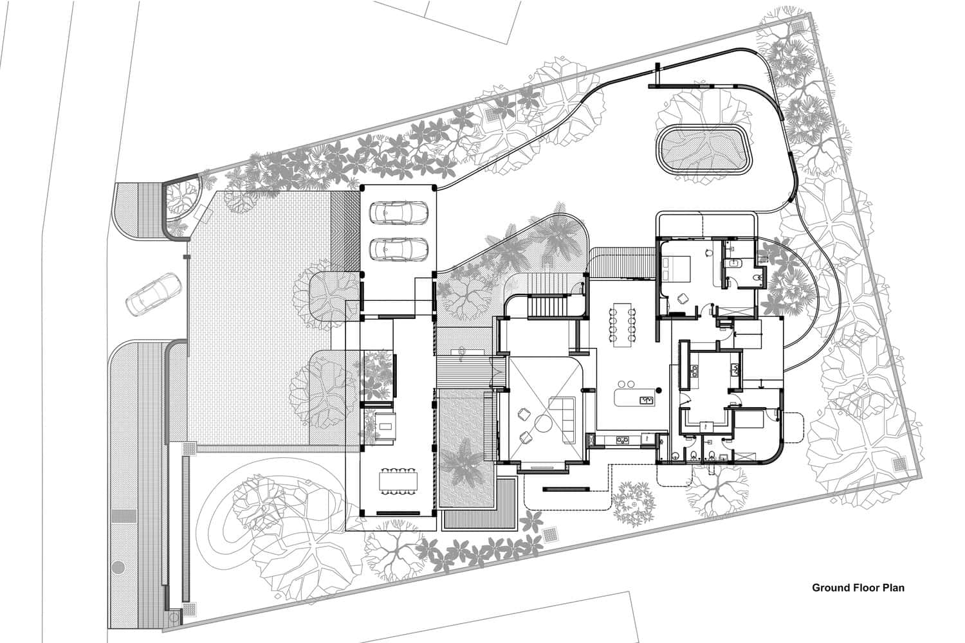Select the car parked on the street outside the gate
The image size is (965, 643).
pyautogui.click(x=154, y=293)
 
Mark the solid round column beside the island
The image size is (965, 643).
pyautogui.click(x=658, y=389)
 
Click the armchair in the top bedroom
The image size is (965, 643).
pyautogui.click(x=682, y=298)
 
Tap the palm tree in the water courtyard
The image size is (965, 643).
pyautogui.click(x=462, y=463)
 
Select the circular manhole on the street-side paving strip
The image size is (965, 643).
pyautogui.click(x=118, y=568)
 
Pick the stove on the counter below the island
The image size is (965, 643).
pyautogui.click(x=622, y=440)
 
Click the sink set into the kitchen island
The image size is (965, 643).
pyautogui.click(x=644, y=400)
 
